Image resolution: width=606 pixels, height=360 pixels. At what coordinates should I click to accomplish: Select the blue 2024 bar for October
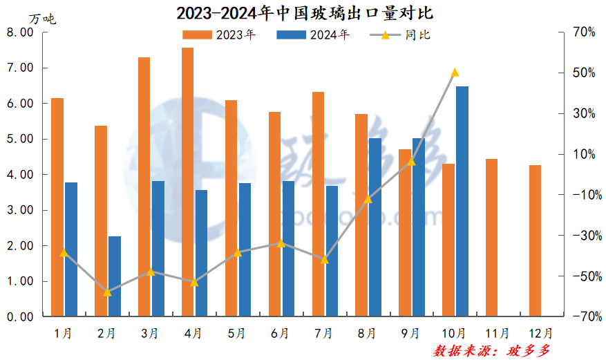pos(462,201)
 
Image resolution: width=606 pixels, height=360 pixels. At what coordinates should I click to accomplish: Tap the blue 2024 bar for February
pos(115,276)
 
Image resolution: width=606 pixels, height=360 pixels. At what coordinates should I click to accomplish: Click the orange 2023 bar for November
pos(491,238)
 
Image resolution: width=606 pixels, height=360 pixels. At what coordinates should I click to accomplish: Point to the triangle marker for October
pos(455,73)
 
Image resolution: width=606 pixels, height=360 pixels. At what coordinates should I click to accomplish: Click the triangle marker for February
pos(107,292)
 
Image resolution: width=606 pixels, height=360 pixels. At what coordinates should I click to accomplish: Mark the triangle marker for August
pos(368,199)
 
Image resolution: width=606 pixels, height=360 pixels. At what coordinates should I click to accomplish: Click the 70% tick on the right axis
pos(584,32)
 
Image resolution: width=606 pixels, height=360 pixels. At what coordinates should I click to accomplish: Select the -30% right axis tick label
pos(583,236)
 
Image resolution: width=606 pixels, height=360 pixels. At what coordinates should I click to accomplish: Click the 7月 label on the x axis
pos(324,333)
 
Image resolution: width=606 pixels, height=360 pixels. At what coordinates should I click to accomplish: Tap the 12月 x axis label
pos(540,333)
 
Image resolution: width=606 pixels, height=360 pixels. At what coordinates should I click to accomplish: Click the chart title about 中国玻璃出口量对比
pos(305,13)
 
